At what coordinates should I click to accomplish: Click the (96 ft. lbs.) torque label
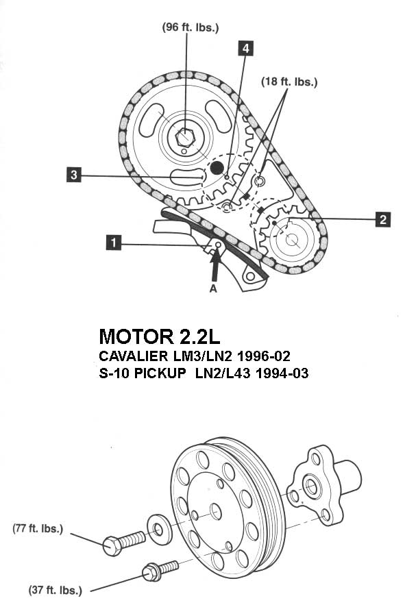[191, 27]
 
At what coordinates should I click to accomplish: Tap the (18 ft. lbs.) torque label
[290, 82]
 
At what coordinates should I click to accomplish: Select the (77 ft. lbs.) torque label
[38, 528]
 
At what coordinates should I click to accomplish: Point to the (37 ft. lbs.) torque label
[56, 590]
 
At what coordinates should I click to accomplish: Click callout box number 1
[114, 243]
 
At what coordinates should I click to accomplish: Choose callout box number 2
[383, 219]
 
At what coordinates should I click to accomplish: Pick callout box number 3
[74, 175]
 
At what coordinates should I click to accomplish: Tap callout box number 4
[245, 48]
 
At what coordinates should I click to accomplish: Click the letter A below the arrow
[213, 288]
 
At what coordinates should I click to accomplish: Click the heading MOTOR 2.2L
[160, 336]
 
